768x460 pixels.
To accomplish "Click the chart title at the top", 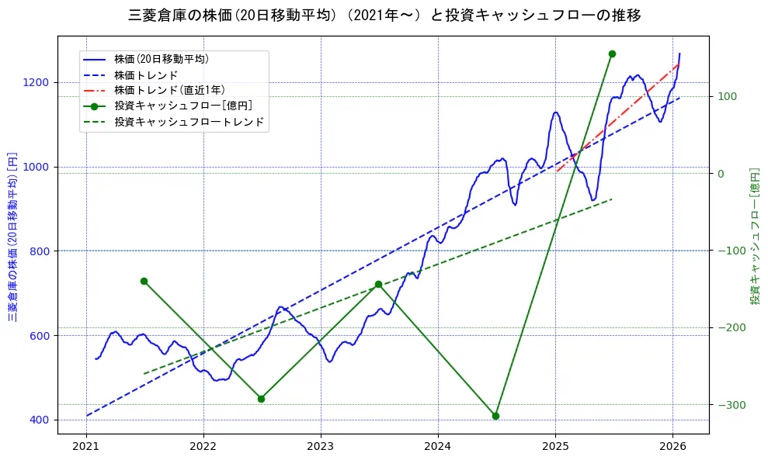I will (x=384, y=15).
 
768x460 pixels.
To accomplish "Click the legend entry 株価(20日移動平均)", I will (x=161, y=59).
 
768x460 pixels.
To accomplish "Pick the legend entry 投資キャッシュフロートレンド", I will (x=189, y=122).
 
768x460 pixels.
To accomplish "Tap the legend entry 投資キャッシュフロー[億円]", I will (x=182, y=105).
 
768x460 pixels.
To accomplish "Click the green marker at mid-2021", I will (x=144, y=281).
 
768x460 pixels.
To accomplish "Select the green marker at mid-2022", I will (x=261, y=399).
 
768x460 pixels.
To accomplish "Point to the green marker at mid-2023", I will (x=378, y=284).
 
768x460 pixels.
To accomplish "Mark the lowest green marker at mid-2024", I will (x=495, y=416).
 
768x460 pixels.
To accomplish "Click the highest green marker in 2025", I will (x=612, y=54).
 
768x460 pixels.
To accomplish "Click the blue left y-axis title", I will (x=12, y=237).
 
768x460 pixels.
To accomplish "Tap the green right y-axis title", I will (x=754, y=237).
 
